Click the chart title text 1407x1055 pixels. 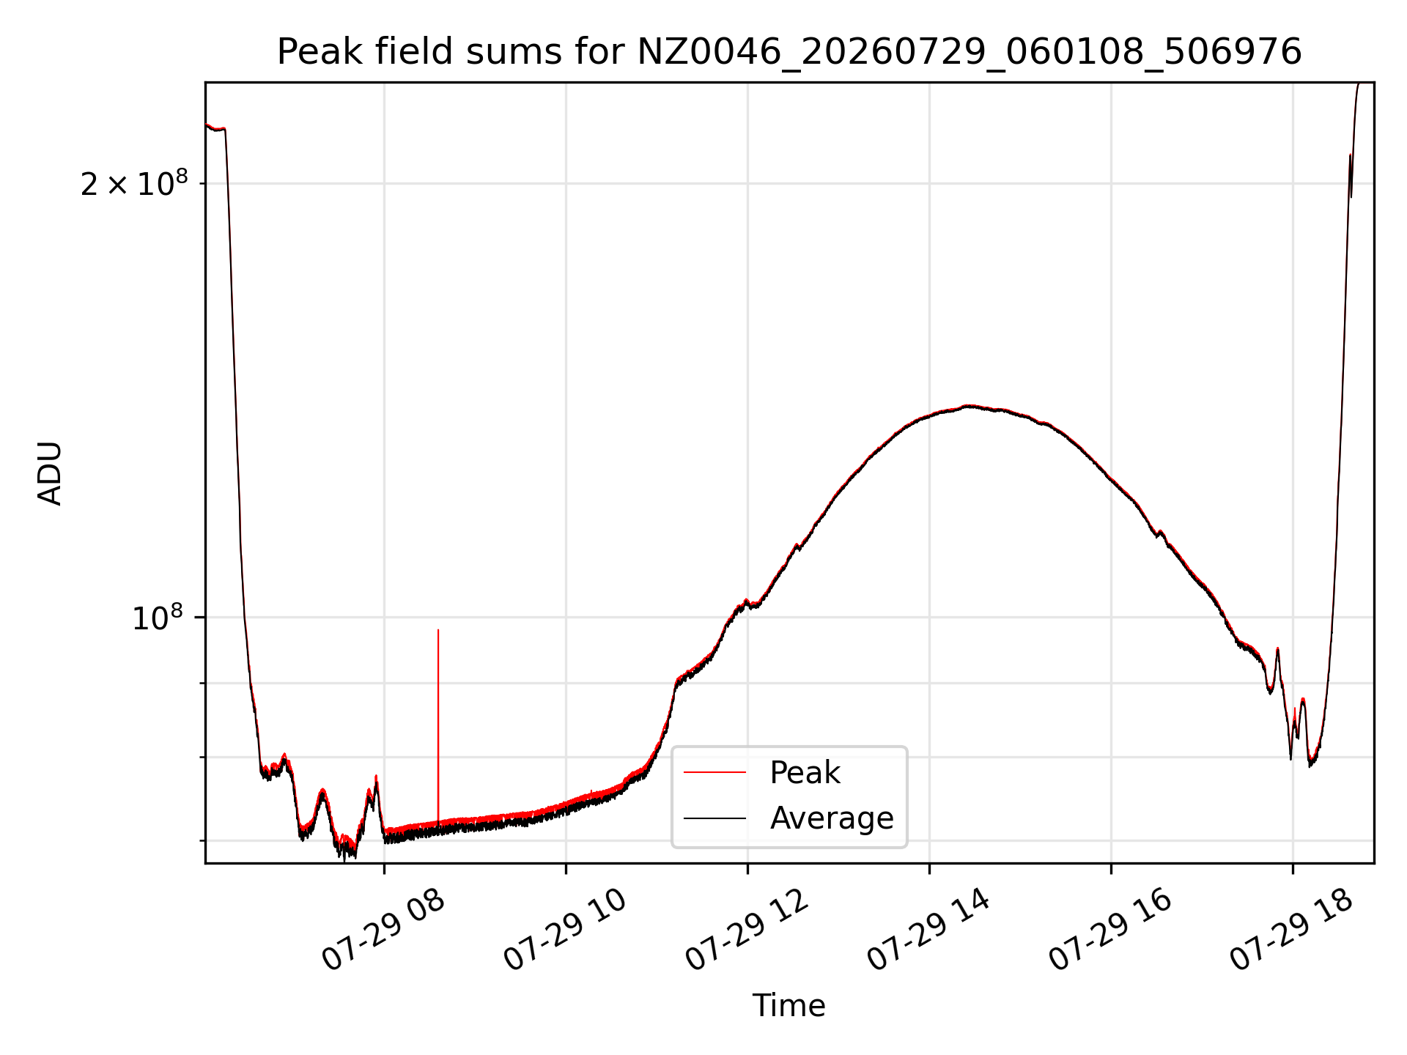point(789,52)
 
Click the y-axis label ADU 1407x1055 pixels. point(50,473)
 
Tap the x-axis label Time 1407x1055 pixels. point(789,1006)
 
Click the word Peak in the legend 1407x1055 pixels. point(805,773)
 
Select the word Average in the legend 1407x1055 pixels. point(832,818)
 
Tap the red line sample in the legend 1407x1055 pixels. point(714,772)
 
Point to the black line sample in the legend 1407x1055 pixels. point(714,818)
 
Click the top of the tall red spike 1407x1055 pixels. point(438,630)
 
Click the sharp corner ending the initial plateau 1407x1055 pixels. point(225,130)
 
